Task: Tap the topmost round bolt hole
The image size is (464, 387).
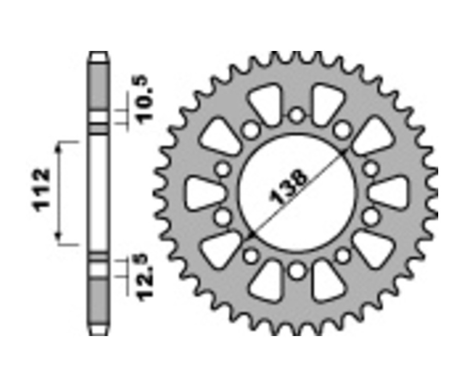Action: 296,115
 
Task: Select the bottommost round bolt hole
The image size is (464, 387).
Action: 296,271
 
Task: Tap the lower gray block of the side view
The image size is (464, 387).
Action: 98,301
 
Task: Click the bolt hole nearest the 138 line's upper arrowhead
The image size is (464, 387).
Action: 341,130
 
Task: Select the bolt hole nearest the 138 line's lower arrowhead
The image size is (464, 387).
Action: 252,255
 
